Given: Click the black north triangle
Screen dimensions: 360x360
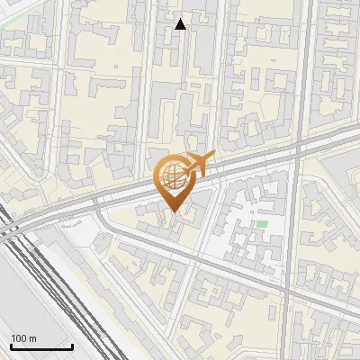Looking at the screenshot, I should (180, 24).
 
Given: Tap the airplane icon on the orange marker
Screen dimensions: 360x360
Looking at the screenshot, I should (199, 164).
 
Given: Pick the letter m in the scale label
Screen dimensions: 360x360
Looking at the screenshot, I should (32, 338).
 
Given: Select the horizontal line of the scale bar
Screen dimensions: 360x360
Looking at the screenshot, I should (41, 347).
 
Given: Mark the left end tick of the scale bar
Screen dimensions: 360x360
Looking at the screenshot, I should (11, 346).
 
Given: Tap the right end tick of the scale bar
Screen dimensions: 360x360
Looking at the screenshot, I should (72, 346).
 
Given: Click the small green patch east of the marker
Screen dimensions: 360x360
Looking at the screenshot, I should (262, 223).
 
